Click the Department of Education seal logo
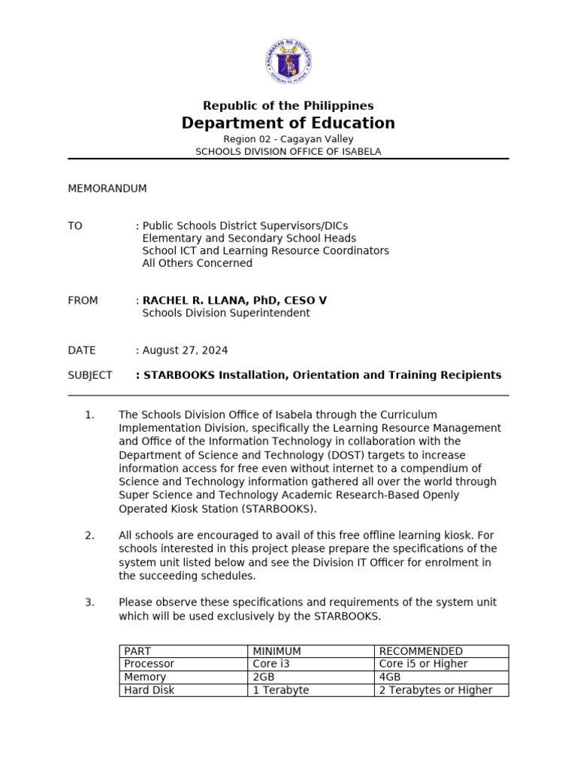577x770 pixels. coord(288,62)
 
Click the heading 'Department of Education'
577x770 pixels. coord(288,123)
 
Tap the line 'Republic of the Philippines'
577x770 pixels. coord(288,106)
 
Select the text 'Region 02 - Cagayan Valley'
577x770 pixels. coord(288,139)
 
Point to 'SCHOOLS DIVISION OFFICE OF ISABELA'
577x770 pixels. coord(288,151)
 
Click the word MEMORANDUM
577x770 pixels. coord(107,189)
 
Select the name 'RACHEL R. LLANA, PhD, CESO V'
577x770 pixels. coord(234,301)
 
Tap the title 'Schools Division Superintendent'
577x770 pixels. coord(225,313)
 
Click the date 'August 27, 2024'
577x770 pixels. coord(185,350)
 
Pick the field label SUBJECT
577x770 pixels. coord(90,375)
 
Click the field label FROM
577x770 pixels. coord(83,301)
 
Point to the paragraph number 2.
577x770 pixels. coord(89,535)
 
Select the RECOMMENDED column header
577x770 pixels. coord(421,651)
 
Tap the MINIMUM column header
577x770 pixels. coord(277,651)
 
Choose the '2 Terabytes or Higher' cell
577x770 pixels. coord(436,690)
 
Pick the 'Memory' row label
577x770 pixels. coord(145,678)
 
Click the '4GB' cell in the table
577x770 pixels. coord(390,678)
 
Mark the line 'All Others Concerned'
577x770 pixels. coord(197,263)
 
